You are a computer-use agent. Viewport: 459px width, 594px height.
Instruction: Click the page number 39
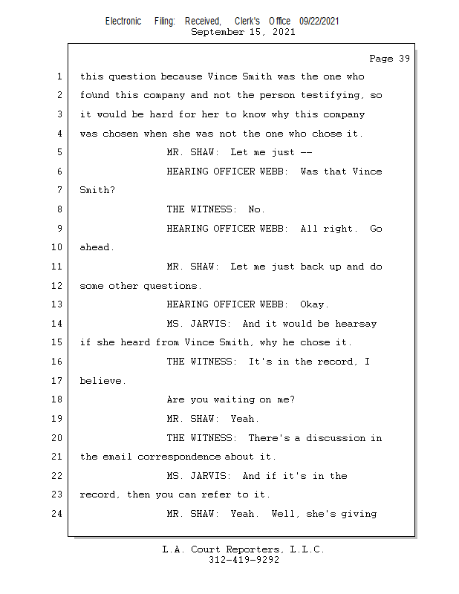click(x=404, y=59)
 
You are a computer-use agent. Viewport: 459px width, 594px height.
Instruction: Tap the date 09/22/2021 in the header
click(x=319, y=21)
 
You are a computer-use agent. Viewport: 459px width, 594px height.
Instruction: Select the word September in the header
click(x=218, y=32)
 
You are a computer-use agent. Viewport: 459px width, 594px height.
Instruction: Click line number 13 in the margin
click(x=57, y=304)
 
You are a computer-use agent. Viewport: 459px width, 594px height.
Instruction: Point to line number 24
click(x=57, y=514)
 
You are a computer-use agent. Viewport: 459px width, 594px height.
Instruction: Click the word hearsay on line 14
click(x=356, y=324)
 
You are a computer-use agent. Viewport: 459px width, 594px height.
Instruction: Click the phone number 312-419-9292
click(x=244, y=560)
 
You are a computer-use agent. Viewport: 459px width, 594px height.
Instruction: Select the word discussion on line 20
click(x=336, y=438)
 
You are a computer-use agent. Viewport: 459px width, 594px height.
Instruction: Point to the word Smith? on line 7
click(x=97, y=190)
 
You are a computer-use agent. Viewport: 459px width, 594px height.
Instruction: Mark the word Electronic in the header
click(x=123, y=21)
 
